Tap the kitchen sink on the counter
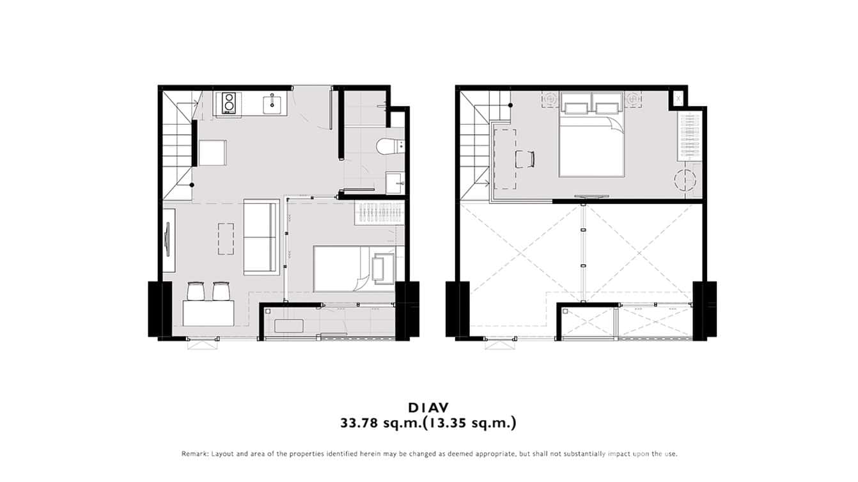coord(272,104)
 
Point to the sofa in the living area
coord(261,236)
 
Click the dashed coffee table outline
coord(226,238)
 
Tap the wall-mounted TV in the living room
coord(168,239)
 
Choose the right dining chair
coord(221,291)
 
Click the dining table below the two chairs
coord(208,313)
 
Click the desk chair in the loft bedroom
coord(525,159)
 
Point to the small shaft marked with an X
coord(676,99)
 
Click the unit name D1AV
coord(428,407)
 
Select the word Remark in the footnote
coord(194,454)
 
